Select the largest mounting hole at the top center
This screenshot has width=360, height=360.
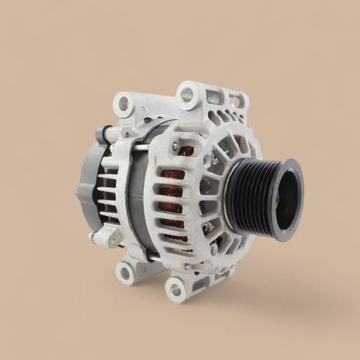[x=187, y=94]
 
